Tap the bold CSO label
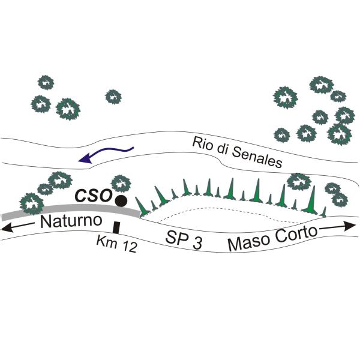coord(92,196)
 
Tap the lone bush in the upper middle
coord(113,96)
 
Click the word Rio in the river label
coord(202,144)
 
